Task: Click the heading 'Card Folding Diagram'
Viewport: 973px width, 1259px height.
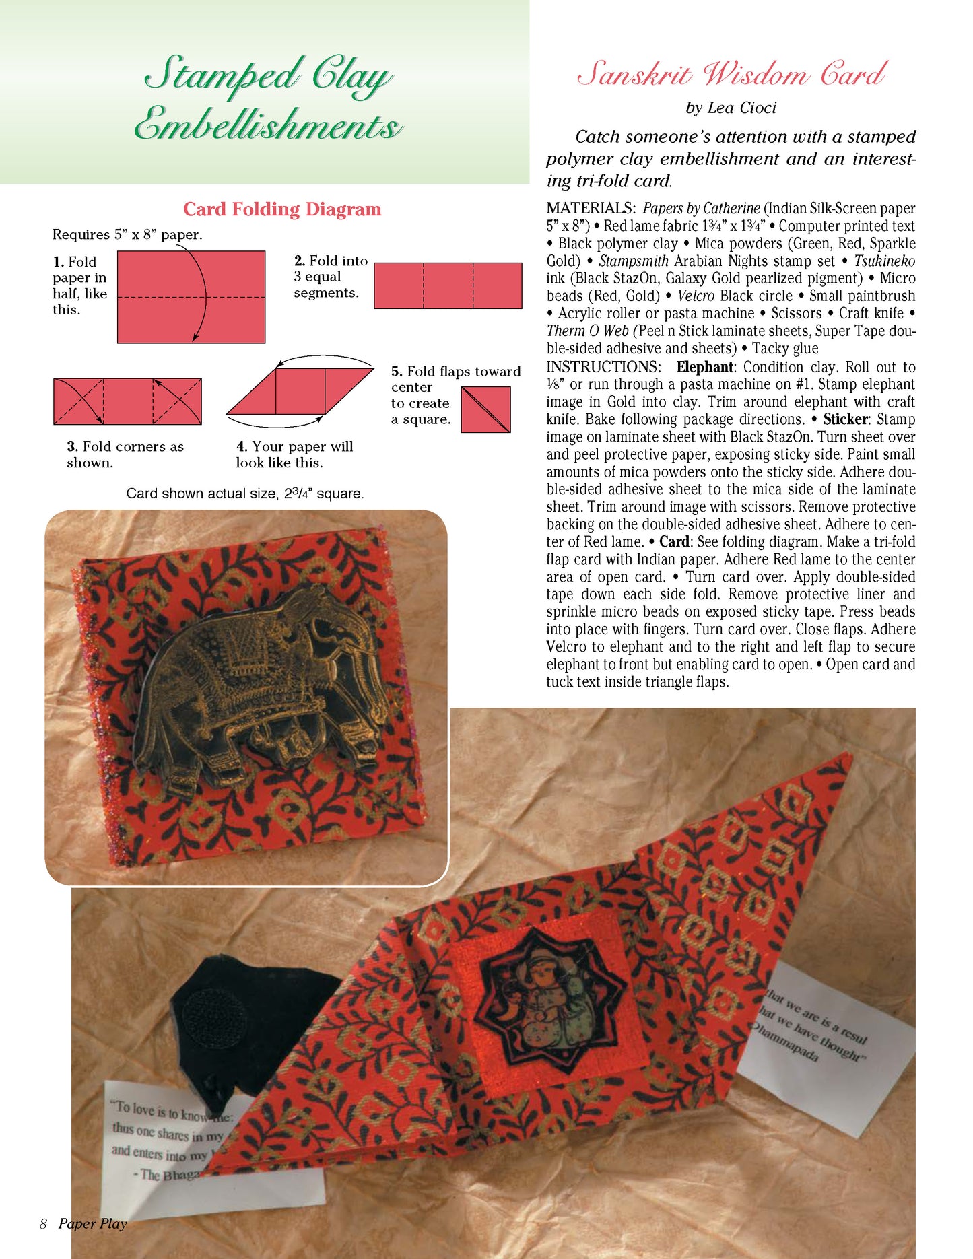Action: pos(282,209)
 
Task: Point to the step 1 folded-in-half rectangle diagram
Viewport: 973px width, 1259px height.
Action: pos(191,297)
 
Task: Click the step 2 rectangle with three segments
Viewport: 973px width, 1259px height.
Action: pos(448,285)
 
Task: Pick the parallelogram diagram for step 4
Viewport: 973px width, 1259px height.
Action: pos(300,390)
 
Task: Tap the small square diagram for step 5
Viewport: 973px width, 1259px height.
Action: pos(486,409)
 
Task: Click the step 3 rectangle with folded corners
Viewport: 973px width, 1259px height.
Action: pos(127,401)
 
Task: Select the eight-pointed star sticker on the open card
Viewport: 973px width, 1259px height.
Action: pos(549,1002)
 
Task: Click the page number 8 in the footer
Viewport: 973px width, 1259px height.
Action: pos(43,1223)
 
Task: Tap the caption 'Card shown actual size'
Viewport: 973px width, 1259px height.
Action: pos(245,494)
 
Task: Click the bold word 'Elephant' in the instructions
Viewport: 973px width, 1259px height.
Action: pos(704,367)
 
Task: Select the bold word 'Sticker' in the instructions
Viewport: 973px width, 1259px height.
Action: pos(845,419)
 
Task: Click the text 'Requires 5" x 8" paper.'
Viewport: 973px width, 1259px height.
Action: pos(127,235)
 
